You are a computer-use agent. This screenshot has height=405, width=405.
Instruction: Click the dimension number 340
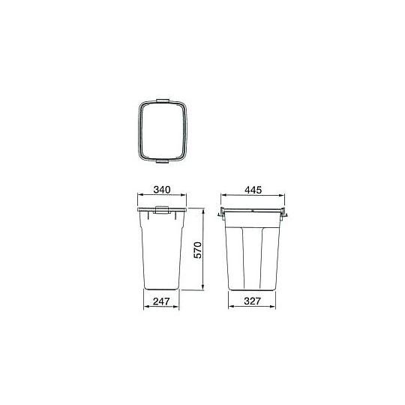pyautogui.click(x=159, y=190)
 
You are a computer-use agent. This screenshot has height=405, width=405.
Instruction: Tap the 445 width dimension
pyautogui.click(x=253, y=190)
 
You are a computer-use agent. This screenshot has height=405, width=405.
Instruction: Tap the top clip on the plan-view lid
pyautogui.click(x=163, y=100)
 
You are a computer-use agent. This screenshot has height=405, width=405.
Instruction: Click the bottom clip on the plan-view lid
pyautogui.click(x=163, y=160)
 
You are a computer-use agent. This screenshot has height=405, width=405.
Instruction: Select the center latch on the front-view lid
pyautogui.click(x=159, y=214)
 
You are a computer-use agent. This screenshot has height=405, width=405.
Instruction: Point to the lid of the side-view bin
pyautogui.click(x=253, y=211)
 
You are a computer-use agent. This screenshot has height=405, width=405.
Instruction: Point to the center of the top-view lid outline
pyautogui.click(x=163, y=130)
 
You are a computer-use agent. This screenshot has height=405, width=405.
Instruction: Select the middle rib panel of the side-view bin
pyautogui.click(x=253, y=255)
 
